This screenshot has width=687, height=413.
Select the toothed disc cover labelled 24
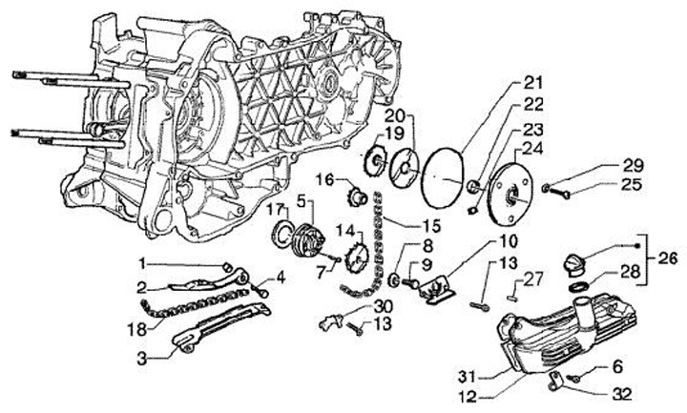516,196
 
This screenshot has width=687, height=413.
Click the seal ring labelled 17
285,232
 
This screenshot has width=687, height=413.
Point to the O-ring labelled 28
578,287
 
